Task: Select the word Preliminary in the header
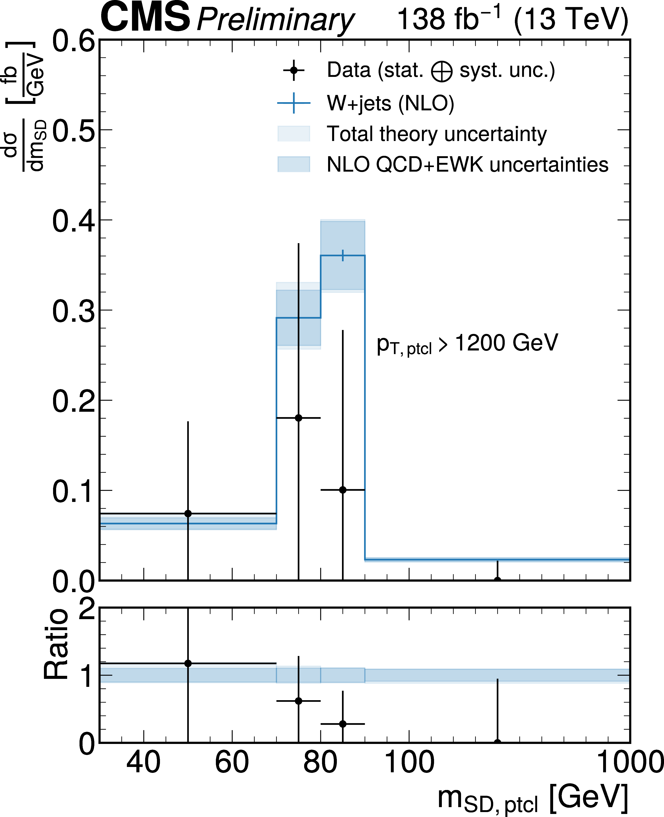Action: point(275,20)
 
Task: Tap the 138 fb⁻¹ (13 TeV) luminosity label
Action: point(513,19)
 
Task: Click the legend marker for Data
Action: point(293,70)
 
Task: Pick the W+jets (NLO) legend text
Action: point(390,103)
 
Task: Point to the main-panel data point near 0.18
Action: point(298,418)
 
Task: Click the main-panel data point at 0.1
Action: point(343,490)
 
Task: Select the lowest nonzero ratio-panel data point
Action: point(343,724)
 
